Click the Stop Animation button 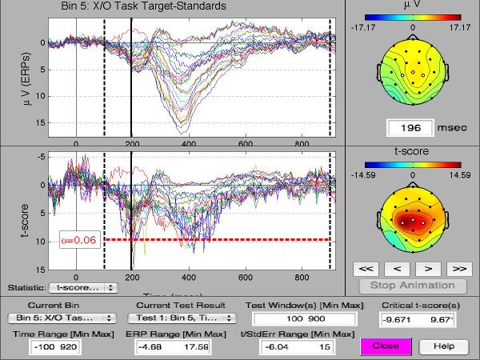click(413, 285)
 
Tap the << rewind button click(366, 268)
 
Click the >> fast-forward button click(458, 268)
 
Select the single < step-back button click(397, 268)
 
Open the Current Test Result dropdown click(166, 318)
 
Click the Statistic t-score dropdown click(82, 286)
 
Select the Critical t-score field click(417, 320)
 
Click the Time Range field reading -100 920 click(54, 346)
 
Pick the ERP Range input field click(167, 346)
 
